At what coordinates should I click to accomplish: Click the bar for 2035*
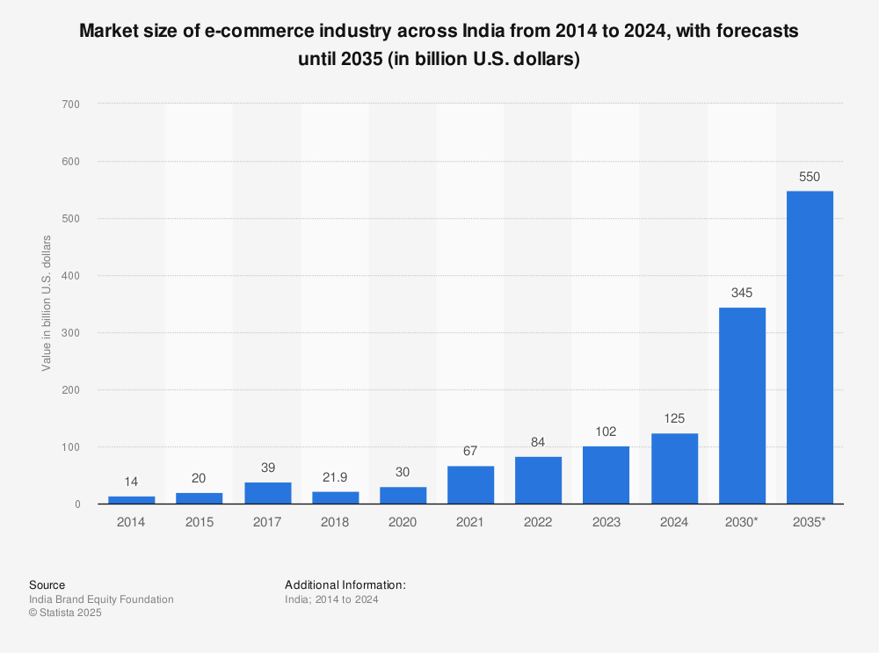pos(810,347)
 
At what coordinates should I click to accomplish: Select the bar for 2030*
pos(742,405)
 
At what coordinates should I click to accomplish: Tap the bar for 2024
pos(674,468)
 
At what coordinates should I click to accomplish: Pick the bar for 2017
pos(267,493)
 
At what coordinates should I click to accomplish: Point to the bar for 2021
pos(470,485)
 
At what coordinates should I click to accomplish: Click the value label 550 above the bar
pos(810,177)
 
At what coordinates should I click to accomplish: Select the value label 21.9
pos(335,477)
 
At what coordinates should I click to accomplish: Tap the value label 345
pos(742,293)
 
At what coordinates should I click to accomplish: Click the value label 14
pos(132,482)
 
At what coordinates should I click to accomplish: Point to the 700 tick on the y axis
pos(71,105)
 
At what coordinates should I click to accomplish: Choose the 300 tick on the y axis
pos(71,333)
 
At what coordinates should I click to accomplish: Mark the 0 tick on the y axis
pos(76,504)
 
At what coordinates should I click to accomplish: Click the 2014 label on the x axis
pos(132,522)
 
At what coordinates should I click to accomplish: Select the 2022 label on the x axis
pos(538,522)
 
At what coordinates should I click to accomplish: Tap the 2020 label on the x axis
pos(403,522)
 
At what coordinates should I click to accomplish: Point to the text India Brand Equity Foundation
pos(101,599)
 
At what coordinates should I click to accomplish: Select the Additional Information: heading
pos(345,584)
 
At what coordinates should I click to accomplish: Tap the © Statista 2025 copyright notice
pos(65,613)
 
